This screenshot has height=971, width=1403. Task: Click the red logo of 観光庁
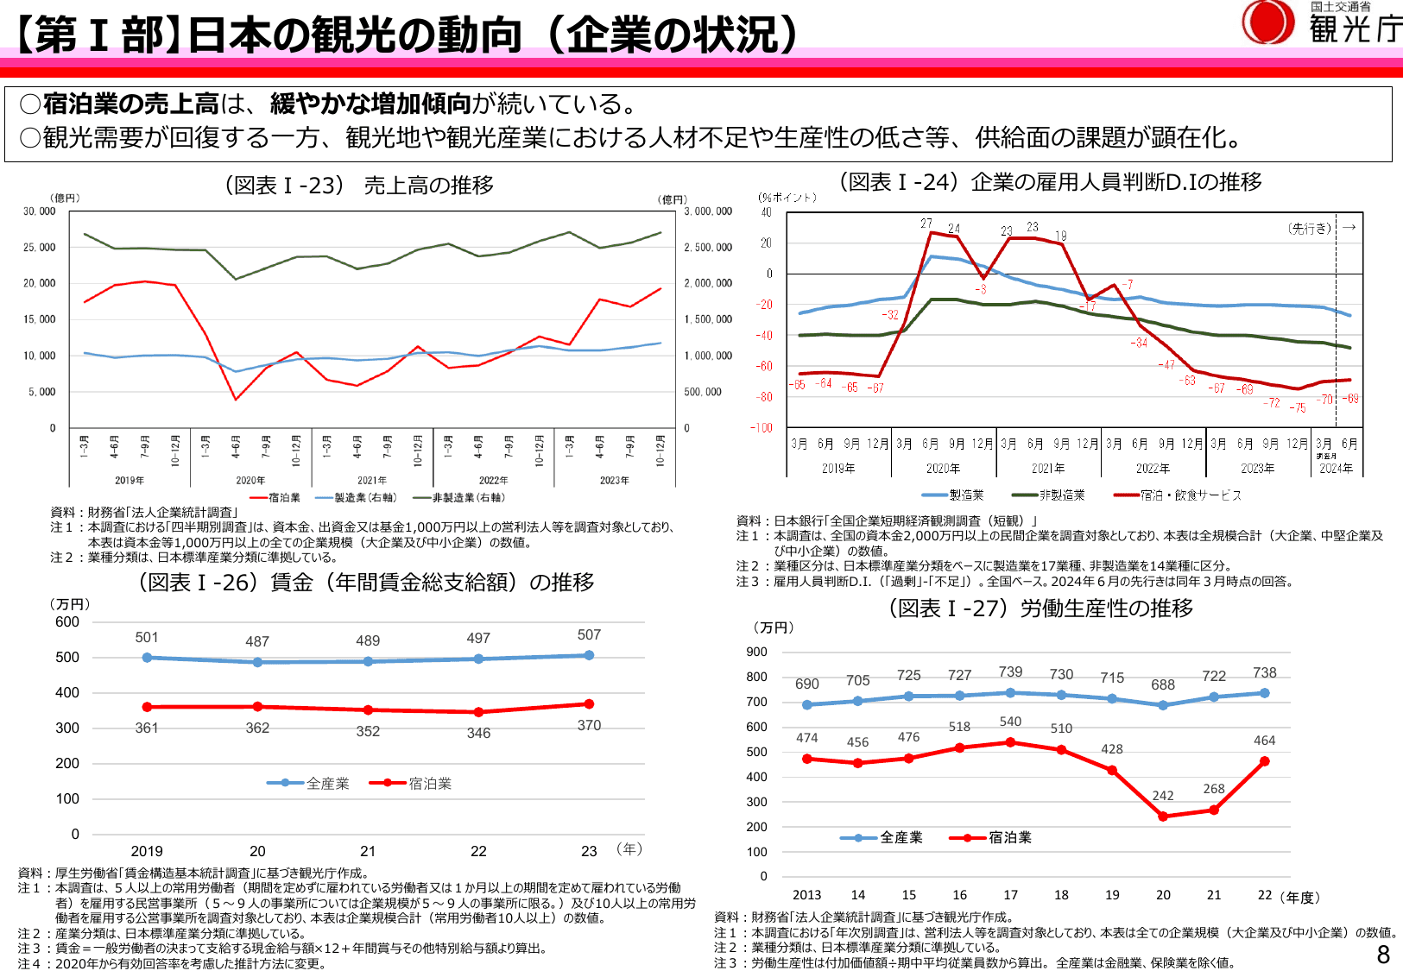click(1267, 22)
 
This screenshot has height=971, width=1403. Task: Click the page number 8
click(1383, 954)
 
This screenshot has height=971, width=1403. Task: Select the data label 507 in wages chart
click(589, 635)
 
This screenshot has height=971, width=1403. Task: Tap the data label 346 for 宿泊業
click(478, 733)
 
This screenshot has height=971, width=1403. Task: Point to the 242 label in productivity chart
click(1163, 796)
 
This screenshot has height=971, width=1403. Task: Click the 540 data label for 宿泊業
click(1010, 722)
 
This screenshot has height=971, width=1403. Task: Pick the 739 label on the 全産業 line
click(1010, 672)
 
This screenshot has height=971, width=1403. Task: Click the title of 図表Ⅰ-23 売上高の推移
click(359, 186)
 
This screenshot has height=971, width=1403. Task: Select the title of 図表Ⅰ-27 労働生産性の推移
click(1040, 608)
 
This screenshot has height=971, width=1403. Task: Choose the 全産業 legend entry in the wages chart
click(309, 784)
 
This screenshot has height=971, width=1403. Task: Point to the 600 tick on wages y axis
click(67, 622)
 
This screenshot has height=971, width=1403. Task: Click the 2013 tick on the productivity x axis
click(806, 895)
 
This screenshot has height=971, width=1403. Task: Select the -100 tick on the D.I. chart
click(762, 428)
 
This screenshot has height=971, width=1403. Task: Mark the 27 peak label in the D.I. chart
click(926, 224)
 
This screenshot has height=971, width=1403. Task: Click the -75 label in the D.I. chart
click(1298, 408)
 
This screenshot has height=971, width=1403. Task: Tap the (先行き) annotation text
click(1310, 229)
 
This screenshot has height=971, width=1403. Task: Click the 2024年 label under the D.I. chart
click(1336, 469)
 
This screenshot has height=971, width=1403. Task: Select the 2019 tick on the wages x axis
click(147, 851)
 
